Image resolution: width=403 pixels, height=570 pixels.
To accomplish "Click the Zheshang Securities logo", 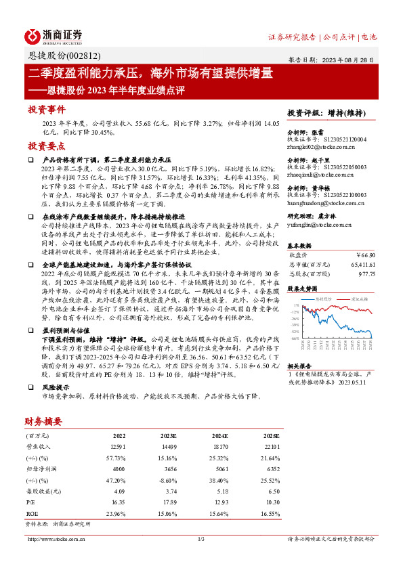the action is click(54, 36).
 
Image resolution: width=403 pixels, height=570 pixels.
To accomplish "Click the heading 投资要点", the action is click(47, 146).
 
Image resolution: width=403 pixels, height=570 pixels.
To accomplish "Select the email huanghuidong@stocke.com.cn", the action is click(326, 202).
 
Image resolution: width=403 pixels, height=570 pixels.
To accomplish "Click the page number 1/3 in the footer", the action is click(200, 540).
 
